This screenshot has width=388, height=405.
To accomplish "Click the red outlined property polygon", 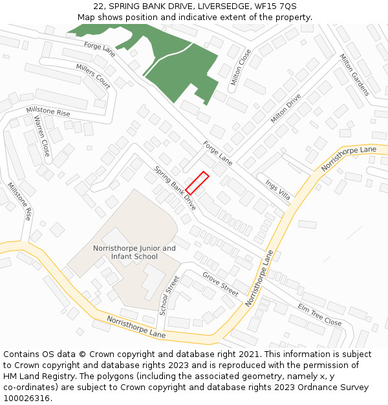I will click(197, 183).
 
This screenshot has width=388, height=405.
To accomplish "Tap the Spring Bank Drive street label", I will click(175, 188).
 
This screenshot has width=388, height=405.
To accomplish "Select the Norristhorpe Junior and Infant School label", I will click(134, 252).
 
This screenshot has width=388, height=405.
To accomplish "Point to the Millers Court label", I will click(93, 76).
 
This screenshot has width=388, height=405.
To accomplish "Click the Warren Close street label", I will click(42, 136).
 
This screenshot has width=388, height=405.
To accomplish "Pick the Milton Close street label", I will click(241, 67).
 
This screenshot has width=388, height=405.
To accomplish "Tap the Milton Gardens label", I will click(354, 75).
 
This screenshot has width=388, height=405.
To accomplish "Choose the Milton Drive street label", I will click(286, 108).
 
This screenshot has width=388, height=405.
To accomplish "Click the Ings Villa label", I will click(277, 189).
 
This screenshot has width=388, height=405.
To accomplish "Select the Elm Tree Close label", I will click(319, 314).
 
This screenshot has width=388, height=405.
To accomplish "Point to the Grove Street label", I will click(221, 283).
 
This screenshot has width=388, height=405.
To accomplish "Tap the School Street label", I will click(169, 295).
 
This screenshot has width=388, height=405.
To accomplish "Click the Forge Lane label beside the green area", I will click(100, 49).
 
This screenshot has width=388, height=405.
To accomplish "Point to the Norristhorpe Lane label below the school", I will click(136, 328).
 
